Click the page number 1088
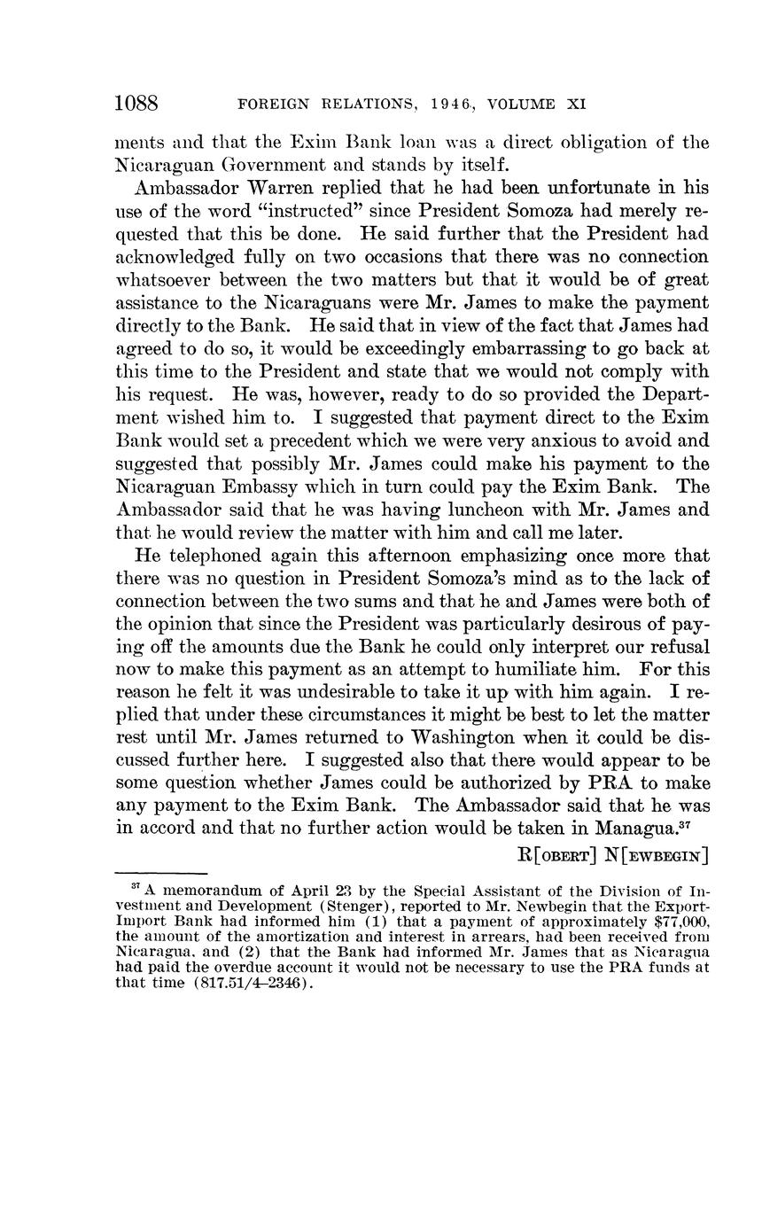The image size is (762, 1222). pos(136,104)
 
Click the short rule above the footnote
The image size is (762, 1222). pos(160,875)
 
